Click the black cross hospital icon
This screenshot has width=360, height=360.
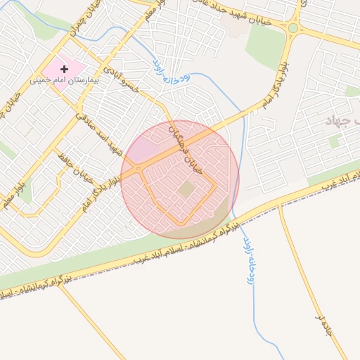tap(65, 69)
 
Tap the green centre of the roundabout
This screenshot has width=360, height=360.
tap(292, 28)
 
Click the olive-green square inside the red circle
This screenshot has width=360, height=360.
tap(186, 189)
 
